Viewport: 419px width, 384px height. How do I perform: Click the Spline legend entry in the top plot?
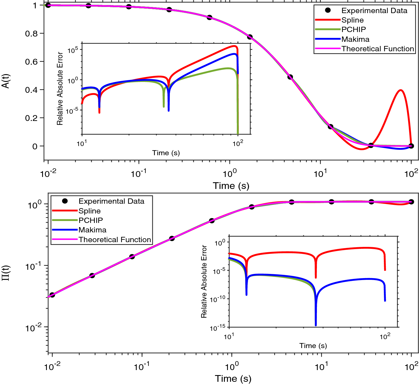[352, 20]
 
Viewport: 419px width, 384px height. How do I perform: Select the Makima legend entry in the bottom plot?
[92, 230]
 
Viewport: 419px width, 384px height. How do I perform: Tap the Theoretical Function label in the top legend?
[378, 49]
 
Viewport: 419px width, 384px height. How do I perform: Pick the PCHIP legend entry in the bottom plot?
[91, 220]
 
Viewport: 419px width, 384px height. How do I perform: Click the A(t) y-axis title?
[6, 81]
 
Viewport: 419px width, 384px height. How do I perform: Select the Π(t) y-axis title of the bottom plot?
[6, 273]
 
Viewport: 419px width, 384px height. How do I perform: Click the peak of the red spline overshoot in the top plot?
[401, 90]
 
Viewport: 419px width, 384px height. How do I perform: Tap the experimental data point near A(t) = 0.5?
[290, 77]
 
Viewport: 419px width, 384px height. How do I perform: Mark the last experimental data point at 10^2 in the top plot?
[411, 146]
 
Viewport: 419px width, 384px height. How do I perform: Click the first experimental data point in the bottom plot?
[52, 295]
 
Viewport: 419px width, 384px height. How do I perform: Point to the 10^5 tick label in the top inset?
[73, 50]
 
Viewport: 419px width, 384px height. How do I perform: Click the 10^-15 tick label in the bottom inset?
[217, 328]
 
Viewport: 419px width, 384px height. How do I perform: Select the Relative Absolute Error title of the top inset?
[60, 89]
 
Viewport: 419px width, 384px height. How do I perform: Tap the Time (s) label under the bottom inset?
[313, 346]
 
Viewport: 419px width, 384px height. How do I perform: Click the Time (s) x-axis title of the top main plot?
[231, 186]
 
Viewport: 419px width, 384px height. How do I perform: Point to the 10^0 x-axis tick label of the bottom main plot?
[231, 367]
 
